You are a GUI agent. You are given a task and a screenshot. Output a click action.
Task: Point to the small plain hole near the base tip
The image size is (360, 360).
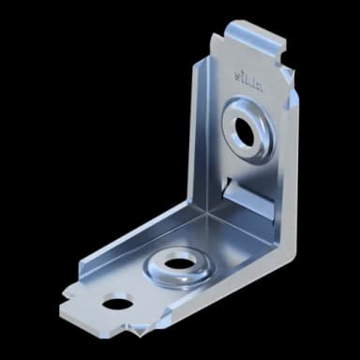click(x=115, y=302)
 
